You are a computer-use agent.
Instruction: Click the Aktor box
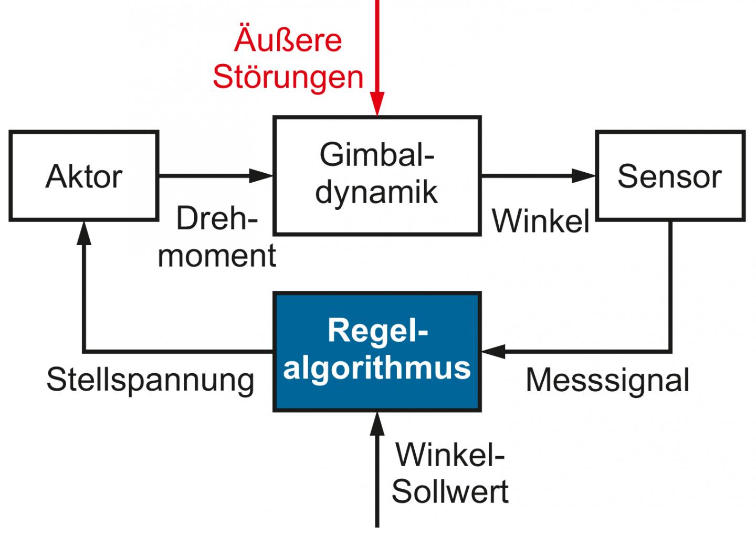pyautogui.click(x=83, y=176)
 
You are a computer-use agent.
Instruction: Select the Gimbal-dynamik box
pyautogui.click(x=376, y=175)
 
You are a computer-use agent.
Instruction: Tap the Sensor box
pyautogui.click(x=670, y=176)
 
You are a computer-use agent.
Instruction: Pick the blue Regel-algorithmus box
pyautogui.click(x=376, y=351)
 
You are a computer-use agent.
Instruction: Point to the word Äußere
pyautogui.click(x=288, y=40)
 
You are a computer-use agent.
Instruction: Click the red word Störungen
pyautogui.click(x=288, y=77)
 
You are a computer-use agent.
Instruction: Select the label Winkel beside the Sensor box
pyautogui.click(x=541, y=220)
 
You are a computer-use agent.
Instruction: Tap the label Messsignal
pyautogui.click(x=607, y=380)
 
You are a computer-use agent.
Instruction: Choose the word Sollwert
pyautogui.click(x=450, y=491)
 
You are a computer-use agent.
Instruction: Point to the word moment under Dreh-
pyautogui.click(x=217, y=256)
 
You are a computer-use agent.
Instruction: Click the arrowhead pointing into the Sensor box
pyautogui.click(x=584, y=175)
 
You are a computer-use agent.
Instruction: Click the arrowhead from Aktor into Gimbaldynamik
pyautogui.click(x=261, y=175)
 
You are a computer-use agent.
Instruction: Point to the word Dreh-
pyautogui.click(x=217, y=219)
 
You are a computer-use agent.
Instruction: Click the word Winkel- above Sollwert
pyautogui.click(x=450, y=455)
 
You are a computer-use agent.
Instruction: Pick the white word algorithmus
pyautogui.click(x=376, y=367)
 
